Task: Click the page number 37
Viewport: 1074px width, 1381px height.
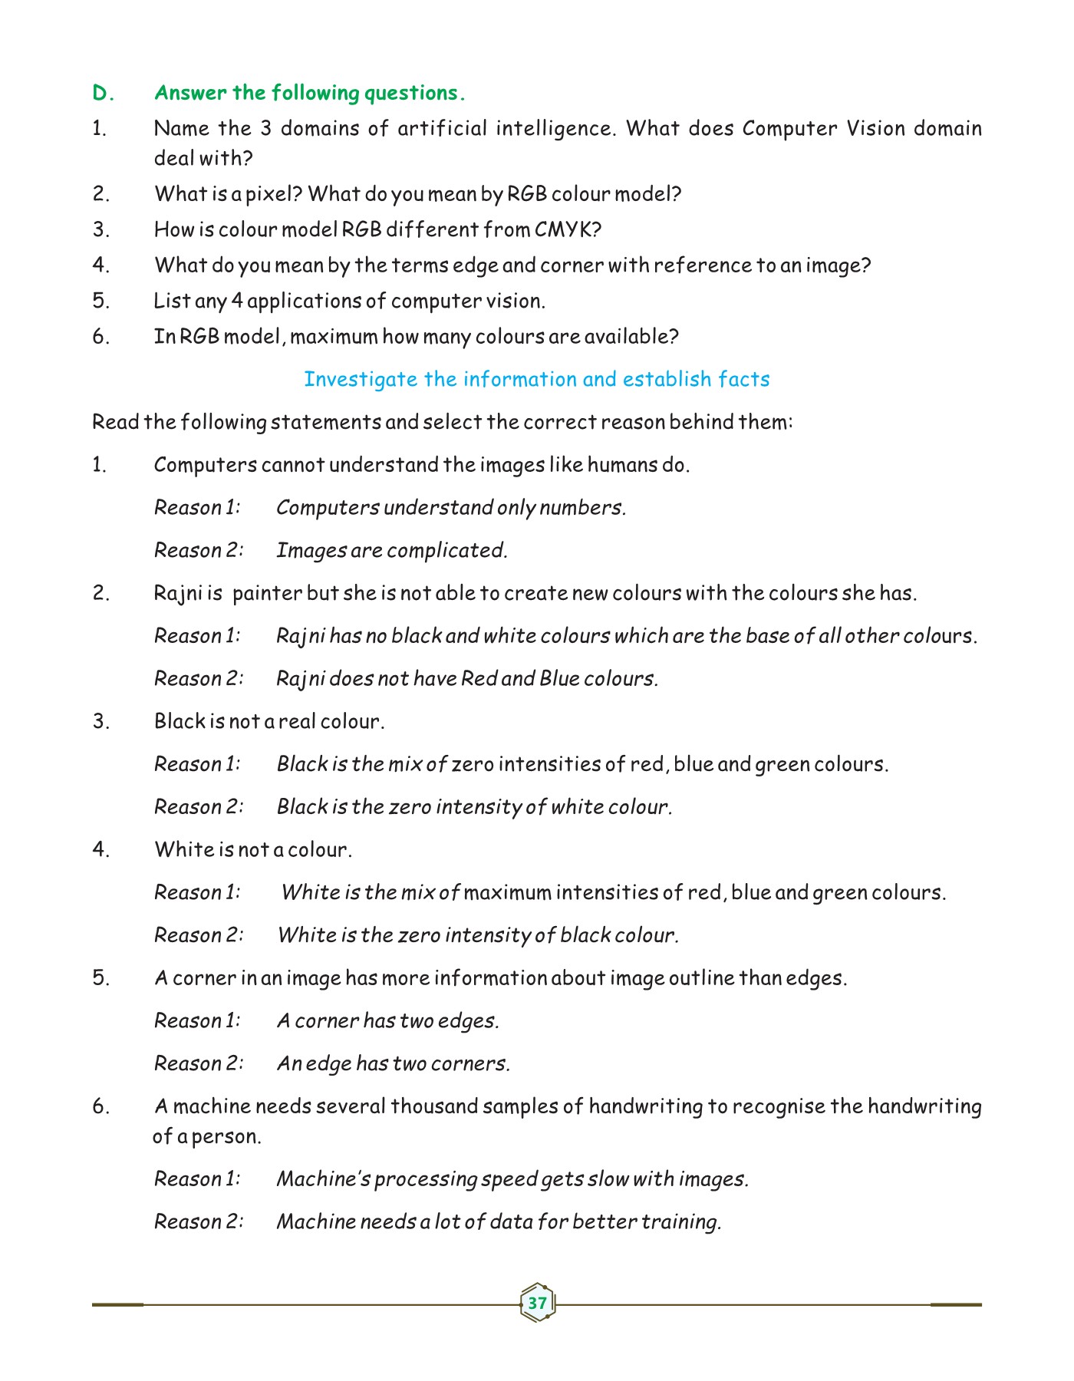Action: tap(537, 1303)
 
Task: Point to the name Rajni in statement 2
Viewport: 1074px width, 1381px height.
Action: tap(177, 594)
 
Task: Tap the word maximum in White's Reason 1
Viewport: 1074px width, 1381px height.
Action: tap(507, 893)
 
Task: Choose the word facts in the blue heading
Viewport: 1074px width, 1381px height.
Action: tap(743, 379)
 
